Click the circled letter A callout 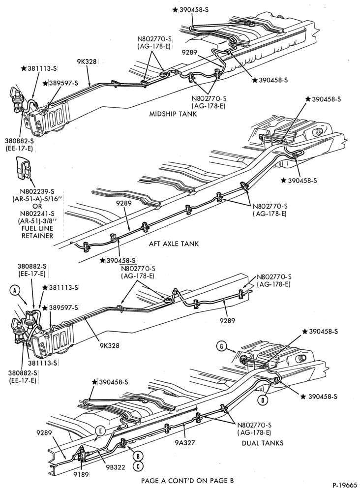14,291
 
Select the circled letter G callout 221,346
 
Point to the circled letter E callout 100,431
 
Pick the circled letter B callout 138,456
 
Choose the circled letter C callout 138,466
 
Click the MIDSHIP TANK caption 173,114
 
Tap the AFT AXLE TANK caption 174,244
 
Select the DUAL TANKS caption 263,443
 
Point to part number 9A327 185,443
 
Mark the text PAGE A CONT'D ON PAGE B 187,480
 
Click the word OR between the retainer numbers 37,206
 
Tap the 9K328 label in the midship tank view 87,61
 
